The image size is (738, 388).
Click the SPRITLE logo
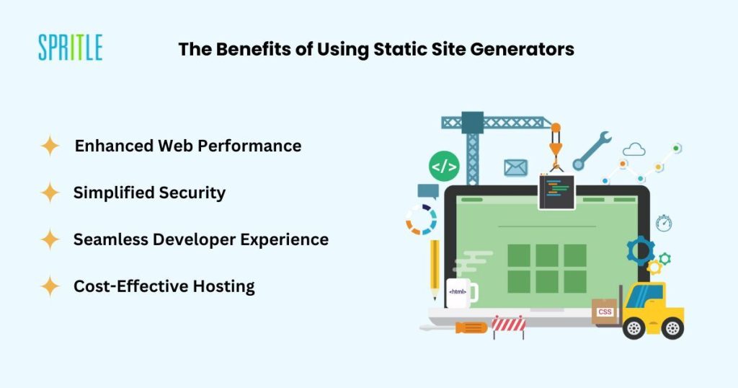click(x=70, y=47)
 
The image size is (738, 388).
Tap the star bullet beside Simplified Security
click(x=50, y=193)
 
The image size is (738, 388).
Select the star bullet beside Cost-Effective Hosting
click(x=50, y=286)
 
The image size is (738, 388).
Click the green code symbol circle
click(x=444, y=166)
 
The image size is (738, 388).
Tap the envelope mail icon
click(x=516, y=167)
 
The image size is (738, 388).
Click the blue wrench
click(x=592, y=151)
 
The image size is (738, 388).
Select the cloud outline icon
click(x=634, y=149)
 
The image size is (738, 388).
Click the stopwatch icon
click(x=664, y=223)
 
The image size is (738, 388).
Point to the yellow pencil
click(x=435, y=269)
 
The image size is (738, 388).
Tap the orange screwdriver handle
click(x=471, y=327)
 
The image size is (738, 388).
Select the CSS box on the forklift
click(x=605, y=312)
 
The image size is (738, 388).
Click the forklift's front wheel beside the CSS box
click(x=634, y=328)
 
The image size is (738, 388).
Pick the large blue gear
click(x=641, y=250)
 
